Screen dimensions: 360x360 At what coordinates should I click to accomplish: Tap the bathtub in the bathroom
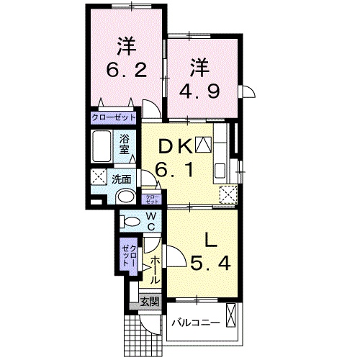point(101,148)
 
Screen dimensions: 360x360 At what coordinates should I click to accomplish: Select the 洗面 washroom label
point(121,179)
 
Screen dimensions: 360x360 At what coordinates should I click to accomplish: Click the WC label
point(153,222)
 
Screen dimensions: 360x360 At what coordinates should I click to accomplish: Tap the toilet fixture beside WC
point(131,222)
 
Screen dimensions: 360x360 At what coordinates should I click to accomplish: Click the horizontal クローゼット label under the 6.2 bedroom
point(114,117)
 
